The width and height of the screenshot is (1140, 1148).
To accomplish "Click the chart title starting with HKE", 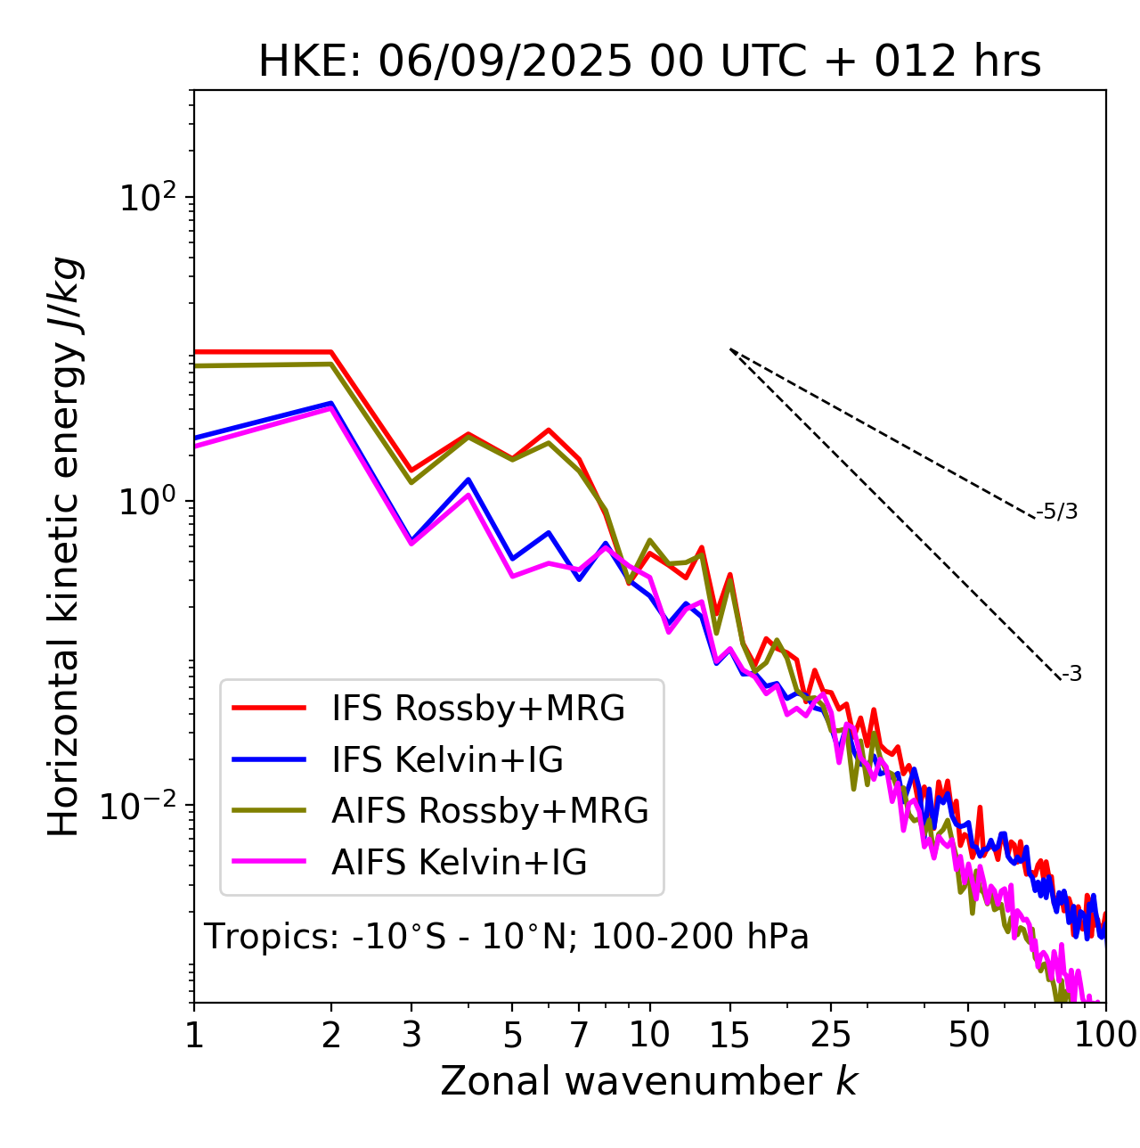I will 649,61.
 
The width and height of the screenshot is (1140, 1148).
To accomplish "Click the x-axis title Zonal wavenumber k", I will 648,1080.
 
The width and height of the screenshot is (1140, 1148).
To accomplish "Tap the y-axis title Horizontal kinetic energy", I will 64,546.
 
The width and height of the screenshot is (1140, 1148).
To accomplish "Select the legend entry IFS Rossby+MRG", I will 477,709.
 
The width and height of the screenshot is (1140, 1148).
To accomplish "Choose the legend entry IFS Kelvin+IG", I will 447,760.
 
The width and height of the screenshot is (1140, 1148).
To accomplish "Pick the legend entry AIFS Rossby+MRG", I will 490,811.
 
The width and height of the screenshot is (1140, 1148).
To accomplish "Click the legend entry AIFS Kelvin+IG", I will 459,863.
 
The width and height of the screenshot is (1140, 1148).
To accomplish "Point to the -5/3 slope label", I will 1057,512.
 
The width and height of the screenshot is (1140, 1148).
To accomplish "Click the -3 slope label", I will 1072,675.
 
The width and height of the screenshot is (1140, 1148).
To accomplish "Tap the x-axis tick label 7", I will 579,1035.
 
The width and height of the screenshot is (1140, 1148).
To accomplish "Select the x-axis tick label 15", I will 729,1035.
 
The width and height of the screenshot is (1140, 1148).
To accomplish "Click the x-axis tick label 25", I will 831,1035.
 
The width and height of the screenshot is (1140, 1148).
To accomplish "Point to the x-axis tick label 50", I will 968,1035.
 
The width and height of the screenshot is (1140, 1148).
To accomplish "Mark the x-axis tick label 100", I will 1104,1035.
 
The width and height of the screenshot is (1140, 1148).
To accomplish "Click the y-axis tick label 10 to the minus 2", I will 142,806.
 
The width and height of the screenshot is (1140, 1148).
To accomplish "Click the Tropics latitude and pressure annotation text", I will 507,937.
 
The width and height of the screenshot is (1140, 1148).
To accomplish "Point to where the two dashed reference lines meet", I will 730,349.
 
